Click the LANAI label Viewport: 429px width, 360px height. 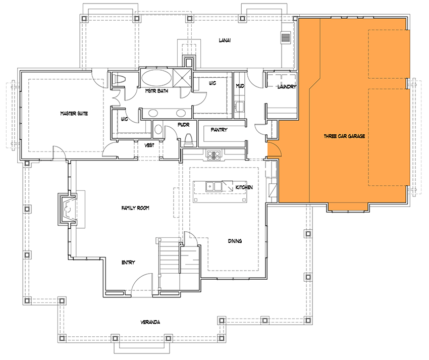pyautogui.click(x=225, y=40)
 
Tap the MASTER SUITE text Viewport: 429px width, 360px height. pyautogui.click(x=74, y=114)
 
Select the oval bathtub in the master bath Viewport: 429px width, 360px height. pyautogui.click(x=155, y=79)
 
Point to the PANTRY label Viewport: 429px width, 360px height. pyautogui.click(x=219, y=130)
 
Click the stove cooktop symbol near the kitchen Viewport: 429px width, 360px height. pyautogui.click(x=212, y=155)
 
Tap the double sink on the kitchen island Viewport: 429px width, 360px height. pyautogui.click(x=215, y=187)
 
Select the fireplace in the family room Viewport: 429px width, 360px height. pyautogui.click(x=68, y=208)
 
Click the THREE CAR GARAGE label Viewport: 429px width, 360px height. pyautogui.click(x=344, y=136)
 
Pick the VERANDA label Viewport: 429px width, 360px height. pyautogui.click(x=150, y=322)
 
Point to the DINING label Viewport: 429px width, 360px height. pyautogui.click(x=234, y=241)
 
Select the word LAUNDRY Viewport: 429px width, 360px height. pyautogui.click(x=286, y=87)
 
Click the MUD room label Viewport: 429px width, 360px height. pyautogui.click(x=240, y=86)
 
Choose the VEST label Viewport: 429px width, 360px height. pyautogui.click(x=149, y=145)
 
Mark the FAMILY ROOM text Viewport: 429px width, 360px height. pyautogui.click(x=135, y=208)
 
